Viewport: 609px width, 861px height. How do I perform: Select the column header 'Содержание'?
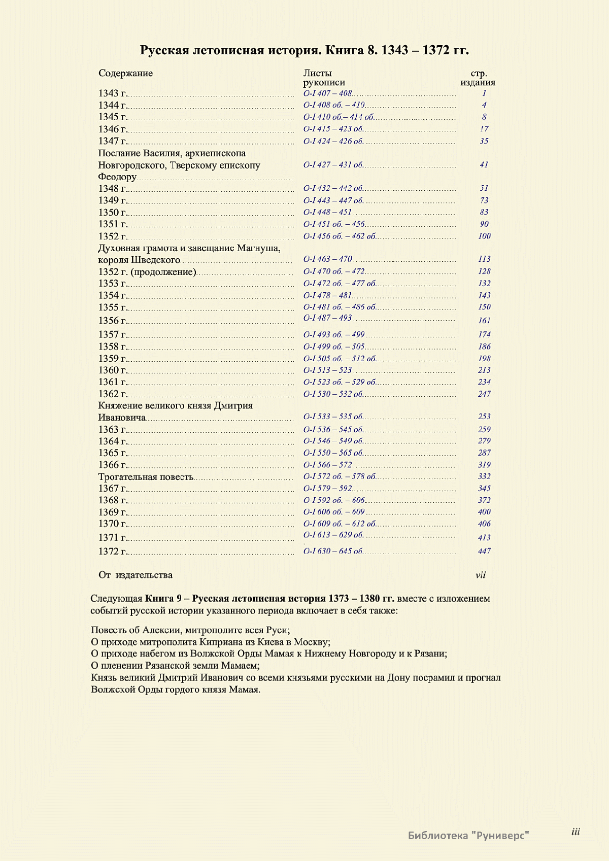click(x=125, y=73)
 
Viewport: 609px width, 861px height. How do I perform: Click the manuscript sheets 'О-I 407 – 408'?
click(x=327, y=93)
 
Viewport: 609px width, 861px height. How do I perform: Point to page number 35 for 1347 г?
click(x=484, y=141)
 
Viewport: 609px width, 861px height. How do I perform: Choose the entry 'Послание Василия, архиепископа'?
click(x=172, y=153)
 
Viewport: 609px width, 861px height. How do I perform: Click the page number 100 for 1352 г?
click(x=484, y=236)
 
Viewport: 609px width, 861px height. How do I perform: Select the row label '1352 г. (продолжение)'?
click(x=147, y=272)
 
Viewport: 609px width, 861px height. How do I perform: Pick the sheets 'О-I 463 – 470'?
click(x=327, y=259)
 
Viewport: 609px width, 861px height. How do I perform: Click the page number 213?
click(x=484, y=370)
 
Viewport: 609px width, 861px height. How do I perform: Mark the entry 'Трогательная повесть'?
click(x=146, y=477)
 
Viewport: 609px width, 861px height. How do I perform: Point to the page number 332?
click(x=484, y=476)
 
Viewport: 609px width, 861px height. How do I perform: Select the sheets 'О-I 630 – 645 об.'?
click(x=333, y=551)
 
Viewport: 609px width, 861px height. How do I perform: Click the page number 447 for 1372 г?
click(x=484, y=551)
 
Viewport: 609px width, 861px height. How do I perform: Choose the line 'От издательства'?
click(x=136, y=575)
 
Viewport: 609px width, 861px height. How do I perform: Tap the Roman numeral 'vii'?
click(x=481, y=575)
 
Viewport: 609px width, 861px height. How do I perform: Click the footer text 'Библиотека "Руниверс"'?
click(x=468, y=835)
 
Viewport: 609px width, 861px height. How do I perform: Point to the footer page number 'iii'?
click(x=576, y=832)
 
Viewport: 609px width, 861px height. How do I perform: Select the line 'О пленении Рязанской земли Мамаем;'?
click(x=176, y=666)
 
